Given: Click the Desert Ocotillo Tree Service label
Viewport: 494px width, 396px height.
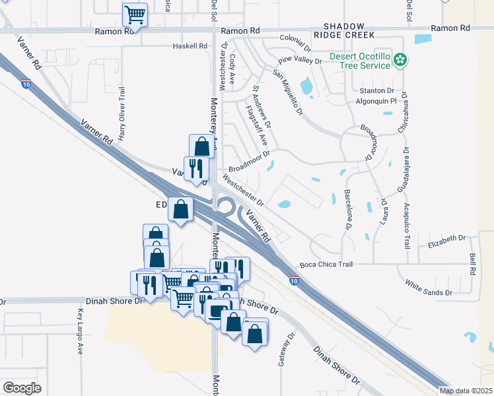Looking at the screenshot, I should pos(365,61).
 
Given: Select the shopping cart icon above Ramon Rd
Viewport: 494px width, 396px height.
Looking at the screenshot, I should pos(135,14).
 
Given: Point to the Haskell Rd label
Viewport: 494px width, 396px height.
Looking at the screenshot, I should pos(190,46).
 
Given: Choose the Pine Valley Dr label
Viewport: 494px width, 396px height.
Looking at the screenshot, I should pos(299,61).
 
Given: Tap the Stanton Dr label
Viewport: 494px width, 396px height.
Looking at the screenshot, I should pos(376,90).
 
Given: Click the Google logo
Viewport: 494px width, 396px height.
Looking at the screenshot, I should pos(22,387).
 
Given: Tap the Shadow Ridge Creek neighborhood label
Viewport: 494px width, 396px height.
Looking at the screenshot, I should pos(344,30).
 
